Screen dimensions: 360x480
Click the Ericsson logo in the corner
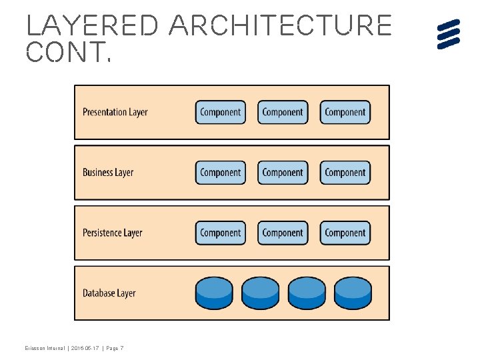pyautogui.click(x=449, y=34)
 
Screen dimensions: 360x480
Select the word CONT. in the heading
pyautogui.click(x=68, y=52)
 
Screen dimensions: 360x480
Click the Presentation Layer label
pyautogui.click(x=115, y=112)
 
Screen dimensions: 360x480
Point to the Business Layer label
pyautogui.click(x=108, y=172)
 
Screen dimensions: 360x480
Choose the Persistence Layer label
pyautogui.click(x=112, y=233)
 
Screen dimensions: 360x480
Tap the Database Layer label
pyautogui.click(x=109, y=293)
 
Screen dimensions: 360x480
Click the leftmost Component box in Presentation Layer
pyautogui.click(x=220, y=112)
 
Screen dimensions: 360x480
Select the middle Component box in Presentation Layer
pyautogui.click(x=283, y=112)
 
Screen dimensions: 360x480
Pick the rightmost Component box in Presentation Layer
pyautogui.click(x=345, y=112)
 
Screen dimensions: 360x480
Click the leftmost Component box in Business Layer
pyautogui.click(x=220, y=173)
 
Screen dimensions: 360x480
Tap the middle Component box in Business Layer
pyautogui.click(x=283, y=173)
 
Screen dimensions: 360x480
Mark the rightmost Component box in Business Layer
pyautogui.click(x=345, y=173)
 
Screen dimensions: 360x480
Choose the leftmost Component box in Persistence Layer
pyautogui.click(x=220, y=233)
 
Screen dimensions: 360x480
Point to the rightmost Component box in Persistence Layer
pyautogui.click(x=345, y=233)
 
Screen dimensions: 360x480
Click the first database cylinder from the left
pyautogui.click(x=214, y=293)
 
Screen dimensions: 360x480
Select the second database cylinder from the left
pyautogui.click(x=260, y=293)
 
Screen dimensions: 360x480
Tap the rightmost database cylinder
pyautogui.click(x=352, y=293)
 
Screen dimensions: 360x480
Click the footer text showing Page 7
pyautogui.click(x=113, y=349)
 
